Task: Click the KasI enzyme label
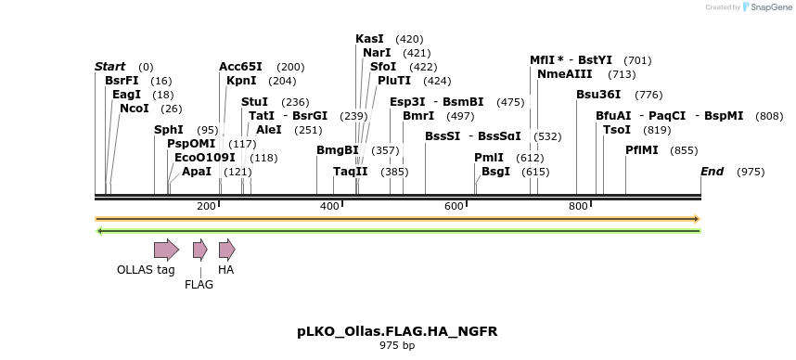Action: click(x=369, y=39)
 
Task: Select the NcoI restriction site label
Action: click(x=134, y=109)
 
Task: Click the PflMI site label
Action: click(x=642, y=150)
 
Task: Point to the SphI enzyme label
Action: click(x=168, y=130)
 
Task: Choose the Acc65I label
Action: click(x=240, y=67)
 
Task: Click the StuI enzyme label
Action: click(x=254, y=102)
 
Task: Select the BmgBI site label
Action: click(x=338, y=150)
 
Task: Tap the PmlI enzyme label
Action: click(x=489, y=158)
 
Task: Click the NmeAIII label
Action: click(x=560, y=74)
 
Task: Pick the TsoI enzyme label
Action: click(x=616, y=130)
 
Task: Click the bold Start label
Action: click(x=109, y=67)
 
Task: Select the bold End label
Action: click(x=712, y=172)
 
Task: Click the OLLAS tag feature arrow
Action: click(x=166, y=250)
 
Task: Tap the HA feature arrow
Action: click(x=226, y=250)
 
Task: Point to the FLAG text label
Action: click(x=199, y=285)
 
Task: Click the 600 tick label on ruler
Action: click(x=454, y=206)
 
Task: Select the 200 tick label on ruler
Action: click(x=207, y=206)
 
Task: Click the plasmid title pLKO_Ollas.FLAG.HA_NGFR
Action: click(x=397, y=331)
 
